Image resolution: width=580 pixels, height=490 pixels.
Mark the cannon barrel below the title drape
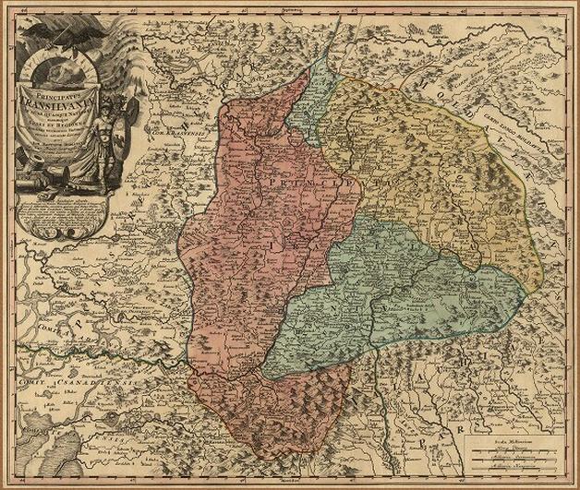pos(42,189)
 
